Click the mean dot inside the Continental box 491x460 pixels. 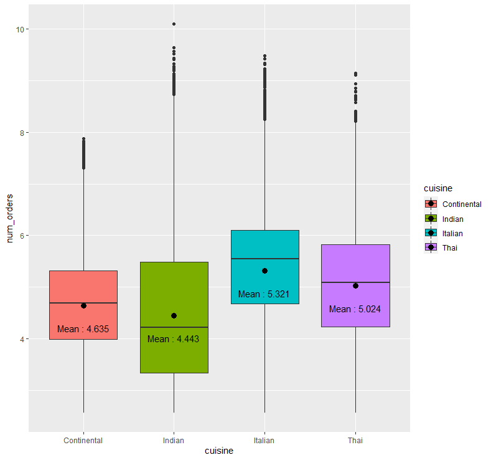(x=83, y=305)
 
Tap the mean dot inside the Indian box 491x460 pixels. (x=174, y=315)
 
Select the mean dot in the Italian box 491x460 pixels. (x=264, y=271)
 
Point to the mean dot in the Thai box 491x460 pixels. (x=355, y=285)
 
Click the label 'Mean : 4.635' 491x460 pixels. (x=83, y=329)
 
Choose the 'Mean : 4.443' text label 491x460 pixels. (x=174, y=339)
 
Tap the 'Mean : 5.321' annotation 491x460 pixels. (x=264, y=294)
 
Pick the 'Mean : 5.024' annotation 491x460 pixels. (x=355, y=309)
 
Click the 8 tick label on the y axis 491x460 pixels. (x=20, y=133)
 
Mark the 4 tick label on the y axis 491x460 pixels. (x=20, y=339)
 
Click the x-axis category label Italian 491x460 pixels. (x=264, y=441)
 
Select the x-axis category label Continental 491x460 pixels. (x=83, y=441)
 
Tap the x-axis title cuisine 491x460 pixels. (x=219, y=451)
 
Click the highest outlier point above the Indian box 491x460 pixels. (x=174, y=24)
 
